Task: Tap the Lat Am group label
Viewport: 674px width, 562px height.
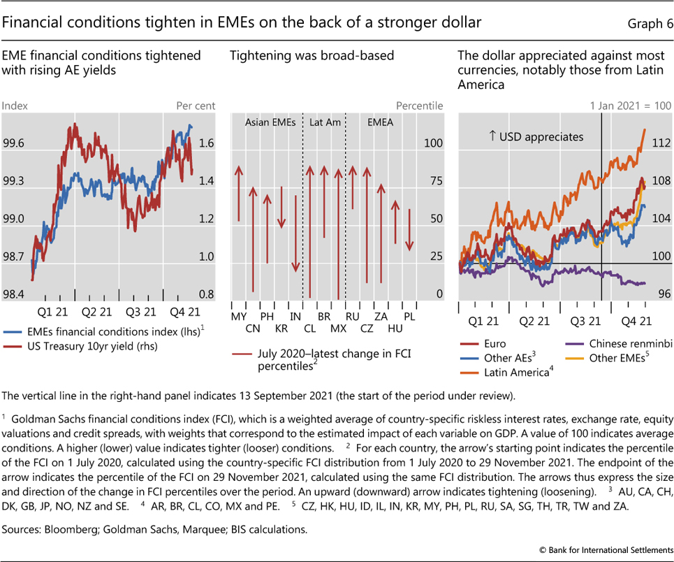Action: click(325, 122)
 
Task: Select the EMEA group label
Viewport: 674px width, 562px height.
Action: click(381, 122)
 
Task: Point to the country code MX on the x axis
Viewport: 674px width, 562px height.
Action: click(339, 328)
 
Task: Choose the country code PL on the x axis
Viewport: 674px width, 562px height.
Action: click(409, 317)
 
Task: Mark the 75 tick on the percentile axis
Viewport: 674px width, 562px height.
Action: click(434, 181)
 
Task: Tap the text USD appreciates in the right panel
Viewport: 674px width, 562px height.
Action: click(536, 137)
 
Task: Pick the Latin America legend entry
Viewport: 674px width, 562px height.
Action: click(518, 371)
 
